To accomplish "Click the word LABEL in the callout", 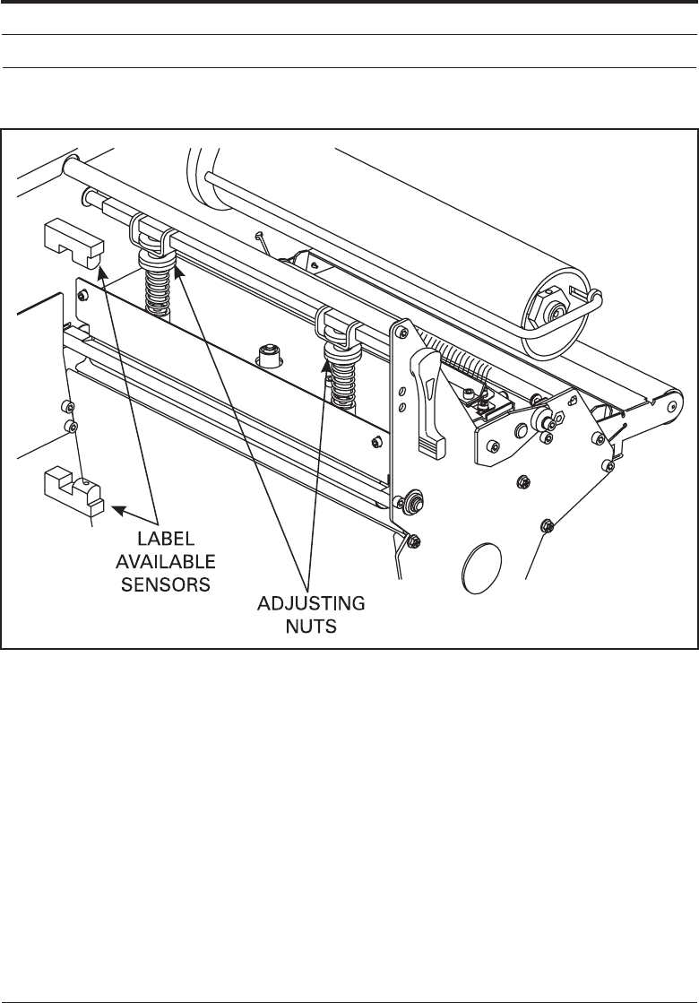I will pyautogui.click(x=164, y=540).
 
